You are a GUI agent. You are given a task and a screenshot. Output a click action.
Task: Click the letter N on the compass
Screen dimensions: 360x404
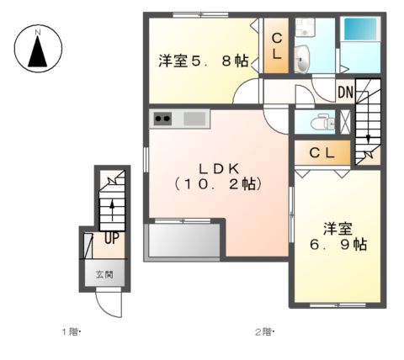click(x=37, y=34)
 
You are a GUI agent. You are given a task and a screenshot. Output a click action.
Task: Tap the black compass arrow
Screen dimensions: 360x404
click(x=37, y=53)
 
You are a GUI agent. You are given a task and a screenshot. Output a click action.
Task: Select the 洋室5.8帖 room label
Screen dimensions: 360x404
click(x=203, y=61)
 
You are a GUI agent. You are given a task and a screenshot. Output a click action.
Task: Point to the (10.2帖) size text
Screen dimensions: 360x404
click(x=216, y=183)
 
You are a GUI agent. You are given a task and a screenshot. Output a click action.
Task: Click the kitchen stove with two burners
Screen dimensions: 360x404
click(x=163, y=119)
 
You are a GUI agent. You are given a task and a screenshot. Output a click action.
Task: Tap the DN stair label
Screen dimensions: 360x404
click(x=345, y=91)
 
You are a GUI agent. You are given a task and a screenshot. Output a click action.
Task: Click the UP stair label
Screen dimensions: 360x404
click(x=110, y=238)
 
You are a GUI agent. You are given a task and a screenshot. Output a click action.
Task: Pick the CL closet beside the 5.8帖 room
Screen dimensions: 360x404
click(x=276, y=46)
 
